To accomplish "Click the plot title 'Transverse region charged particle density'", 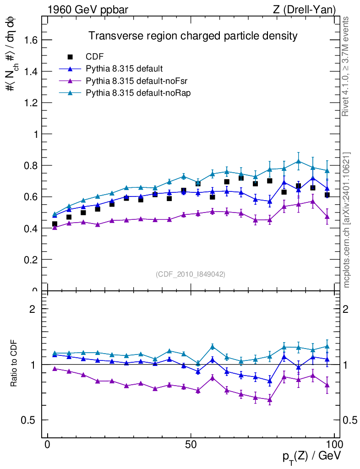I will [x=193, y=36].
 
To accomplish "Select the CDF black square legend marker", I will [x=70, y=57].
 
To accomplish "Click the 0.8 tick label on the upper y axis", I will [x=31, y=166].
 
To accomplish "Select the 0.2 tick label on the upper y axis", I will [x=31, y=260].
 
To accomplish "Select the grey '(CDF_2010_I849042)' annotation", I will [x=191, y=274].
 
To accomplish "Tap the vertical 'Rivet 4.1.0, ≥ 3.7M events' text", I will [x=347, y=67].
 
